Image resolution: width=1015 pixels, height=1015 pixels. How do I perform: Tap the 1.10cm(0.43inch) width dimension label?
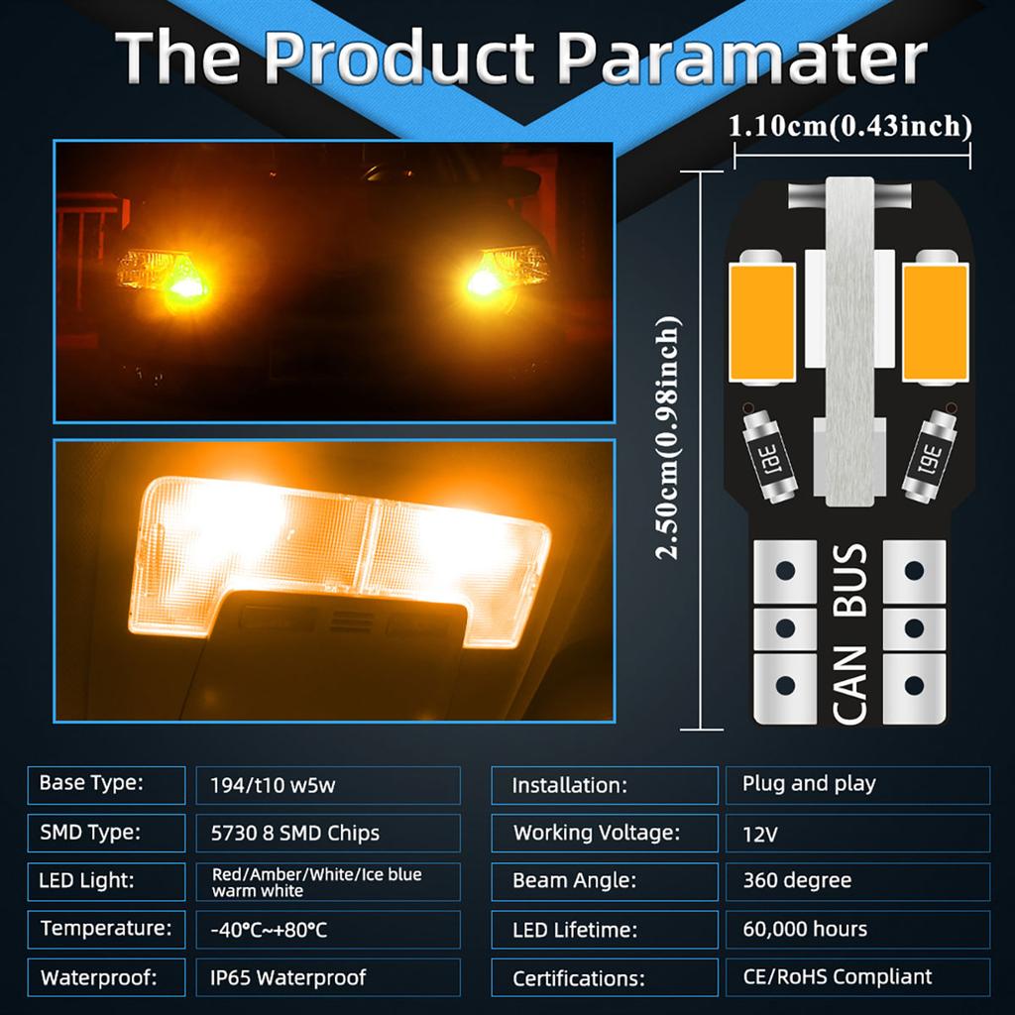tap(850, 126)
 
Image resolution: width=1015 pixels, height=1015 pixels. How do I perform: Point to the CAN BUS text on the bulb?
tap(850, 633)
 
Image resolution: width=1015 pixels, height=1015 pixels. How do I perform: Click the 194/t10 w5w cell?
tap(327, 785)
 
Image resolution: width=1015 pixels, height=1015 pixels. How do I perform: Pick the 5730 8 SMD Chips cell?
tap(327, 833)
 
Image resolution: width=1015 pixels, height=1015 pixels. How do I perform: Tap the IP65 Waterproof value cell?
tap(327, 977)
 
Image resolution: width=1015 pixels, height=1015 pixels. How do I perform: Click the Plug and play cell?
tap(857, 784)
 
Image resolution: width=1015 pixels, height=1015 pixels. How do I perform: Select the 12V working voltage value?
tap(857, 834)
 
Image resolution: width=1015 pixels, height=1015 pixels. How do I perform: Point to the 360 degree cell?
tap(857, 880)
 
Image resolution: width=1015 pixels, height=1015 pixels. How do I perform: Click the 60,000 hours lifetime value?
tap(857, 929)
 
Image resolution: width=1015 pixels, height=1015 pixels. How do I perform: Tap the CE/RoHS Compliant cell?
tap(857, 976)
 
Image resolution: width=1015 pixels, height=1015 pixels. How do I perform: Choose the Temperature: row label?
tap(106, 929)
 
